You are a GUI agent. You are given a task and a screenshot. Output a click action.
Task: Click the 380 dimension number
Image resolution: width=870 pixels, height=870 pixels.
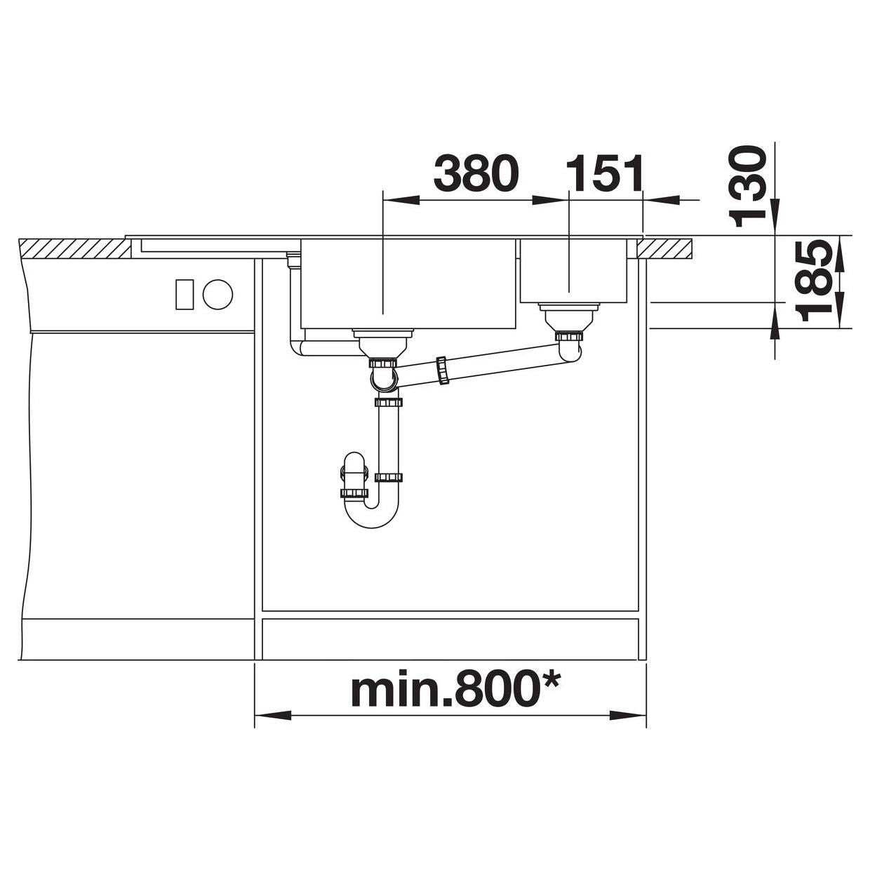click(x=476, y=172)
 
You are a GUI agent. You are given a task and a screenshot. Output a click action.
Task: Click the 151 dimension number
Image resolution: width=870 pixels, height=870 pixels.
click(x=604, y=172)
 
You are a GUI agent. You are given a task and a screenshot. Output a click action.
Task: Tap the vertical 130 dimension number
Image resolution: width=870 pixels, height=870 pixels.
click(x=748, y=185)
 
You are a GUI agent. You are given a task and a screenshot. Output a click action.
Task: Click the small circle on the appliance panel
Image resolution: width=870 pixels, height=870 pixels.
click(x=217, y=295)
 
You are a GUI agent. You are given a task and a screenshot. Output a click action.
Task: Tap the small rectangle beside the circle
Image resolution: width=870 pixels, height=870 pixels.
click(x=185, y=295)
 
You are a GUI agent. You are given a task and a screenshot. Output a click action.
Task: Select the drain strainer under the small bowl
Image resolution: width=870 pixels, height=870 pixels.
click(x=568, y=317)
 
